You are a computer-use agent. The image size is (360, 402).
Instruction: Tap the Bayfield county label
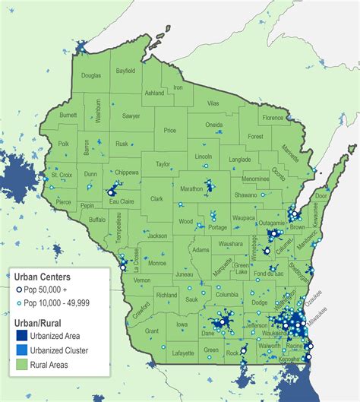click(x=126, y=71)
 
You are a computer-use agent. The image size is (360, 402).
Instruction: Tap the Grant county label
click(x=152, y=331)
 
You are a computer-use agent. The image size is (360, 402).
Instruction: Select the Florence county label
click(x=273, y=119)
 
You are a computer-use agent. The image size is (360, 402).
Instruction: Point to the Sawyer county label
click(x=131, y=116)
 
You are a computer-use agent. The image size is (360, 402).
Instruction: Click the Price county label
click(x=169, y=131)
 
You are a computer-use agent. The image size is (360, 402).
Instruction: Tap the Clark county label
click(x=156, y=199)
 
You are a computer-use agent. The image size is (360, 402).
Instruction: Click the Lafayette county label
click(x=182, y=353)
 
